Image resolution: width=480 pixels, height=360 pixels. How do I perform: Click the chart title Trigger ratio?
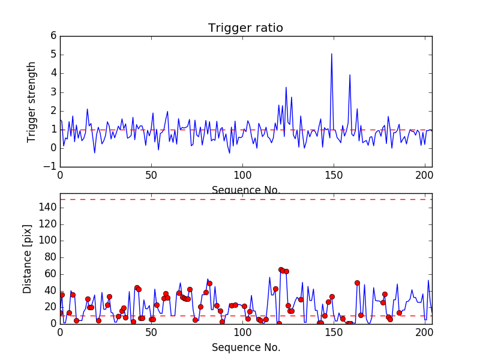pos(245,28)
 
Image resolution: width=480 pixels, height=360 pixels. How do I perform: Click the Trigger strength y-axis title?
pos(32,101)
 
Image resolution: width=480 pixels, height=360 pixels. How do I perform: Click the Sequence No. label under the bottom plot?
pos(245,347)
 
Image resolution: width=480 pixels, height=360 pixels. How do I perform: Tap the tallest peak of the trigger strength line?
pos(331,54)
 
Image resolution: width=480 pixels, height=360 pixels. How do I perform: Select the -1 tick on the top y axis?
pos(51,167)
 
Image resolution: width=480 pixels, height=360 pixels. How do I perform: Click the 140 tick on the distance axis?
pos(48,207)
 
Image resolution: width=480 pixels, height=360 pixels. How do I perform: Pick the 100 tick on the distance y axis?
pos(48,241)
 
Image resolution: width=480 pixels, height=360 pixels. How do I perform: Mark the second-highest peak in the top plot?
pos(350,75)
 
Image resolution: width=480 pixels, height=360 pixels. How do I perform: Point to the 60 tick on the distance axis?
pos(50,274)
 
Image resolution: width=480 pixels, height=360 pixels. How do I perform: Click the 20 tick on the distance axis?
pos(50,307)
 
